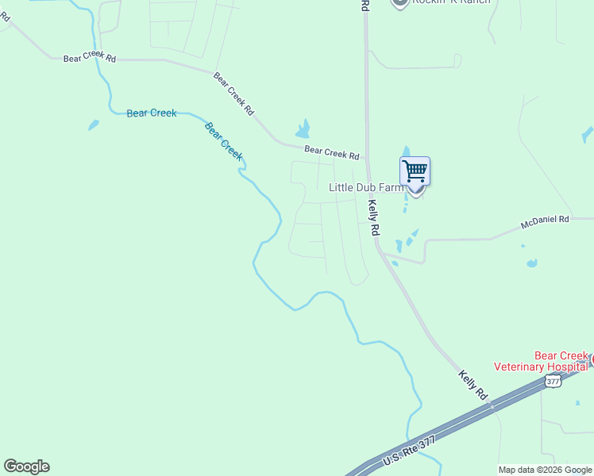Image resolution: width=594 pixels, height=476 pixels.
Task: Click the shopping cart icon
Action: (x=415, y=171)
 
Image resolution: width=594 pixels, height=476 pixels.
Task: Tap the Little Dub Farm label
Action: (x=366, y=188)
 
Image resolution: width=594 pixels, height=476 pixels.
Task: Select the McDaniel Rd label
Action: (x=545, y=219)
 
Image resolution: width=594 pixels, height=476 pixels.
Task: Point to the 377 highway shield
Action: (x=553, y=382)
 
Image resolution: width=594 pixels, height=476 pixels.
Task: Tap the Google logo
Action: (x=26, y=466)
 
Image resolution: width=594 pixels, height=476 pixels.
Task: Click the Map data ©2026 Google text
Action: (x=545, y=470)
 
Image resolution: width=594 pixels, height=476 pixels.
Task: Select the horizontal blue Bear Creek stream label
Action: (x=152, y=113)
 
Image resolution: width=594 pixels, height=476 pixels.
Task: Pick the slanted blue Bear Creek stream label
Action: (x=223, y=140)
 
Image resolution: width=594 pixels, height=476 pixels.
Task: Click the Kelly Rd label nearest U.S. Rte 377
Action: (x=472, y=384)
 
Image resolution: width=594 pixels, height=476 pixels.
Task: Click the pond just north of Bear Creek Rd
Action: (x=303, y=129)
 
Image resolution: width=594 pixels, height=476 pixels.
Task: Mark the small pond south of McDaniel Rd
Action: (x=531, y=263)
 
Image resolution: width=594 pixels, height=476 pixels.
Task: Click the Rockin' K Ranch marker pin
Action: (x=400, y=2)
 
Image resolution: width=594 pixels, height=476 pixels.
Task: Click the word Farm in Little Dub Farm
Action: (x=390, y=188)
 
